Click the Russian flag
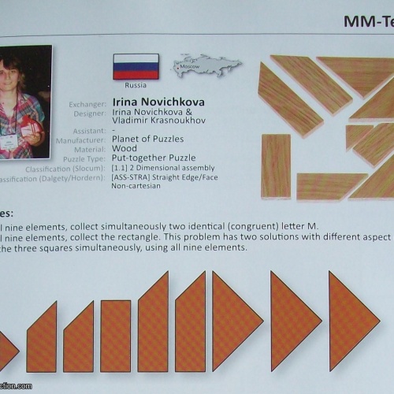pyautogui.click(x=136, y=66)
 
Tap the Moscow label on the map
pyautogui.click(x=189, y=67)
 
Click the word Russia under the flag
pyautogui.click(x=136, y=84)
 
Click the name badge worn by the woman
pyautogui.click(x=9, y=142)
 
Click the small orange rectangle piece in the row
pyautogui.click(x=115, y=335)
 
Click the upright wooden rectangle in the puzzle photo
pyautogui.click(x=276, y=165)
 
